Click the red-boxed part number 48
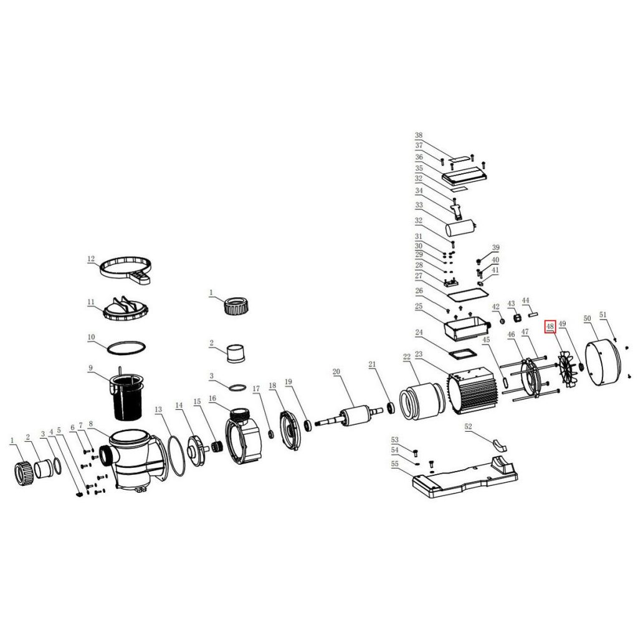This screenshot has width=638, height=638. (550, 326)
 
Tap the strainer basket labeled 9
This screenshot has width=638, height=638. (126, 397)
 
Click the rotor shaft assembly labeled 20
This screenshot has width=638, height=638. (350, 417)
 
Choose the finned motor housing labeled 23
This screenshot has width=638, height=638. (474, 391)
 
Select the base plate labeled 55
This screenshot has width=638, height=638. (465, 475)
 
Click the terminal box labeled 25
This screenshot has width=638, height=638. (466, 329)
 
